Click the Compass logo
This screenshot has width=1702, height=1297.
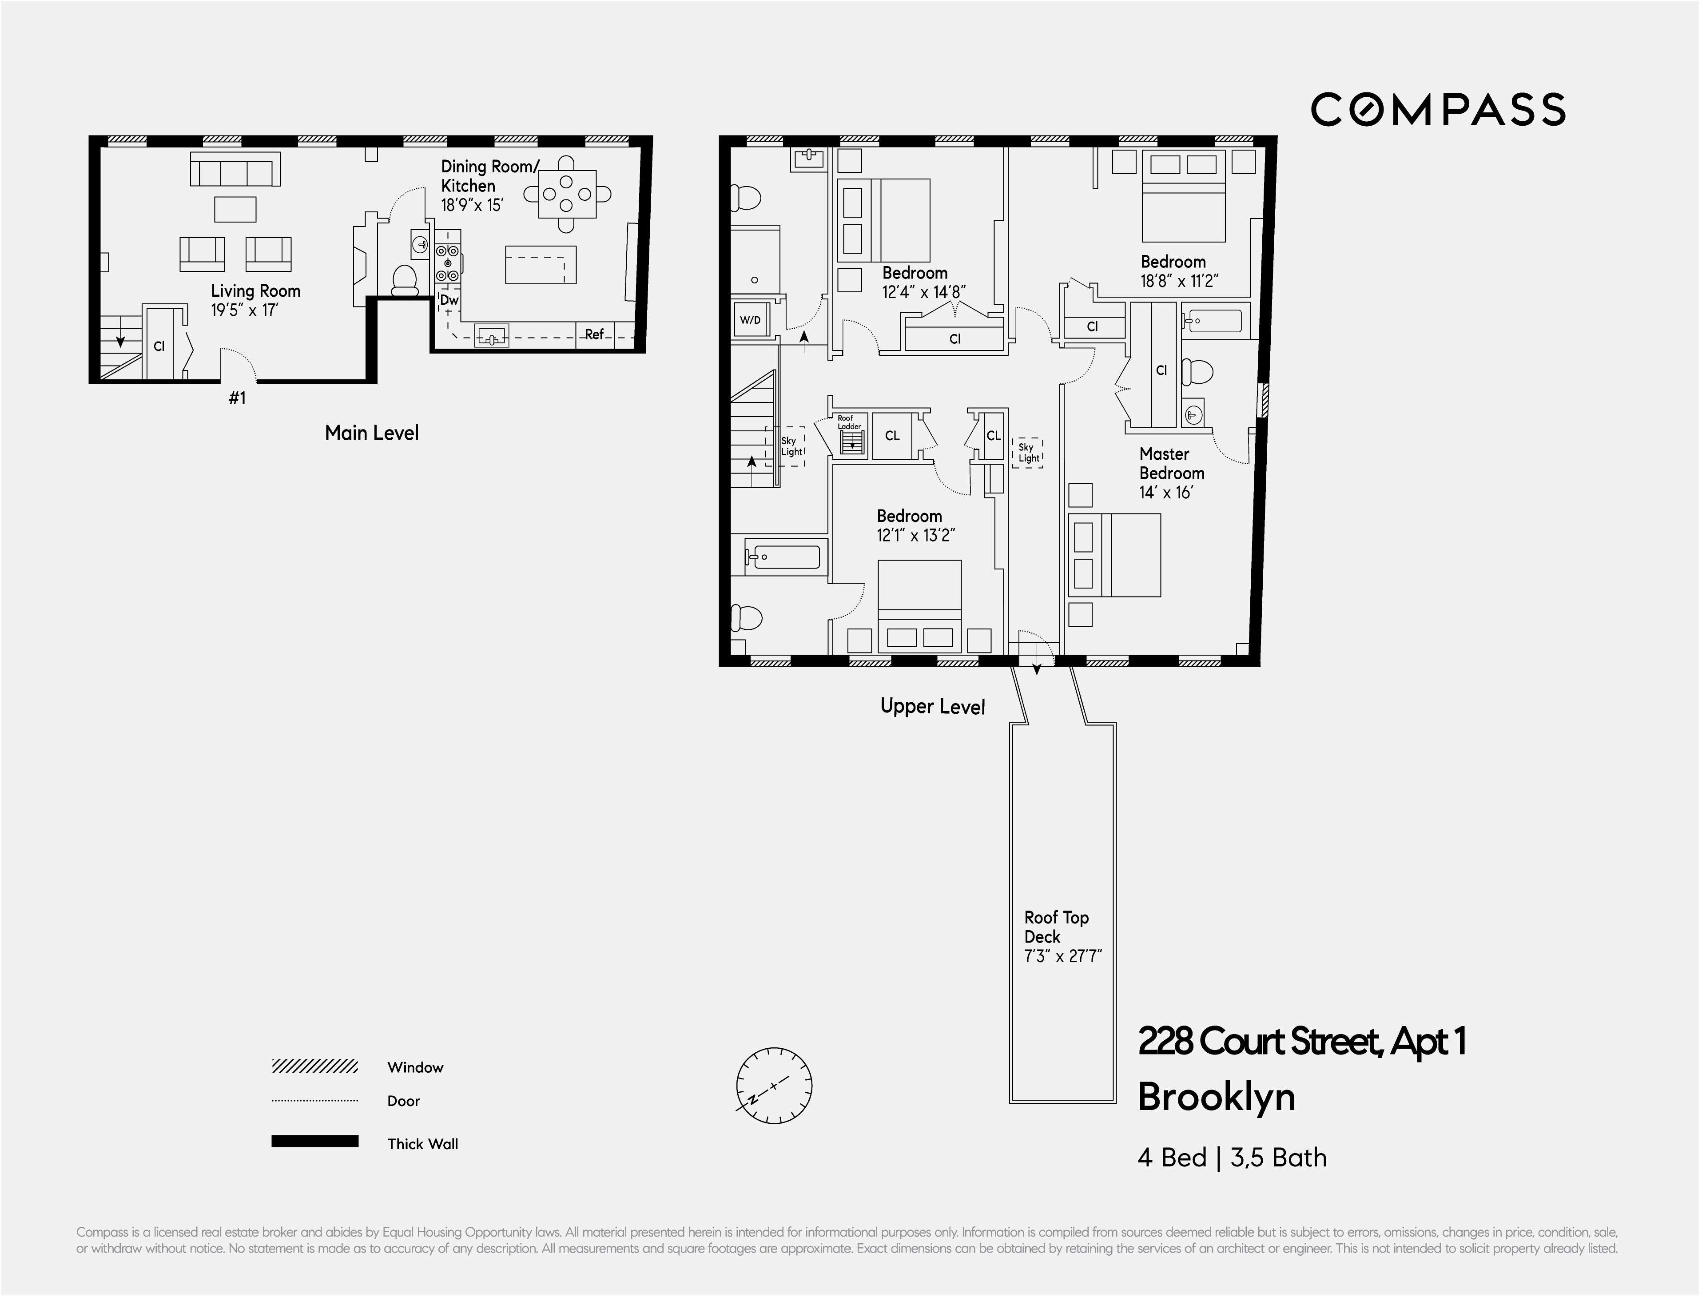click(1437, 110)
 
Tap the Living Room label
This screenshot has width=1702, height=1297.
click(255, 291)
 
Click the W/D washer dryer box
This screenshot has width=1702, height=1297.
click(749, 320)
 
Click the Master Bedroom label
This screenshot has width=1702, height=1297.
click(1171, 463)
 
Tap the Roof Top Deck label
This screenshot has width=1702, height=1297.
click(1055, 927)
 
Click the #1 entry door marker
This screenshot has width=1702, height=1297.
click(237, 398)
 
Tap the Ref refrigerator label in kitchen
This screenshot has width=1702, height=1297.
click(593, 334)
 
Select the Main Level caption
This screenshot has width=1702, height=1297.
click(371, 433)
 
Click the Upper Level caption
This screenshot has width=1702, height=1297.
click(932, 706)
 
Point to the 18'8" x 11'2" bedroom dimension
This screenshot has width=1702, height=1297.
click(1179, 282)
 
